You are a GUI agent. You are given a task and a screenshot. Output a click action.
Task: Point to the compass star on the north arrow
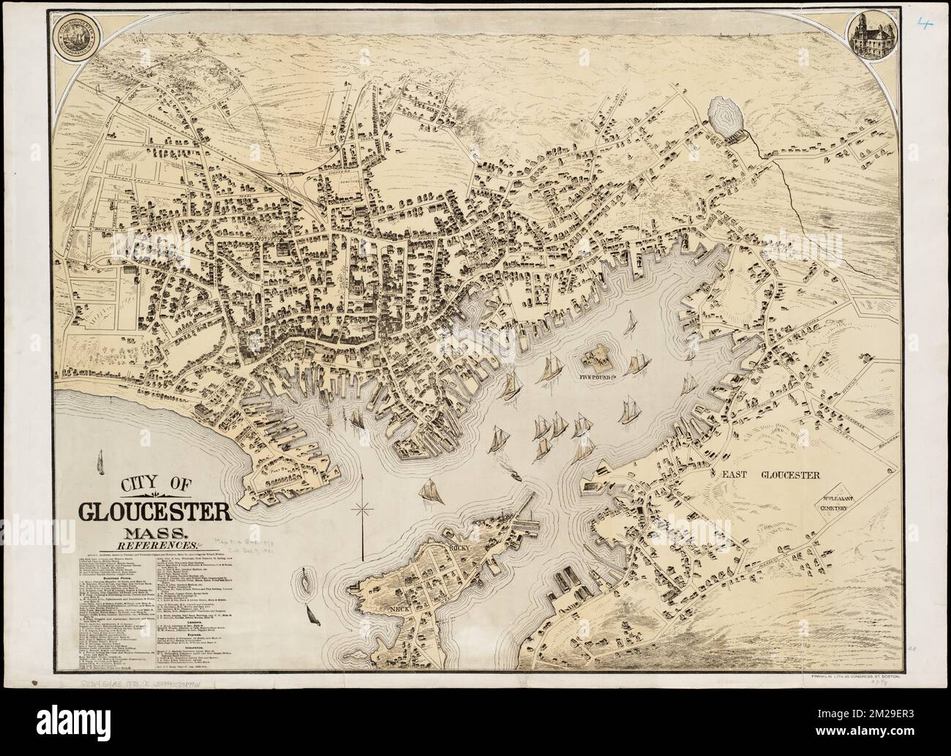click(x=361, y=508)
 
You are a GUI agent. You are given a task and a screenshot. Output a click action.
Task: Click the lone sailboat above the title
click(x=99, y=463)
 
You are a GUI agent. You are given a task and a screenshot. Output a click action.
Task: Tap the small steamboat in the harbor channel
click(x=514, y=476)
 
